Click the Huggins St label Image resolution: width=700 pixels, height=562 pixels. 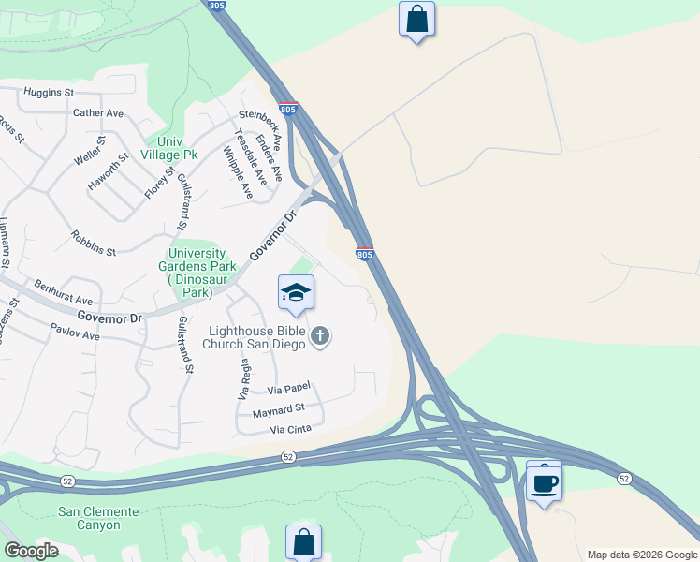click(49, 93)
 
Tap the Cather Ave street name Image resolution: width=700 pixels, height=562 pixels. click(98, 113)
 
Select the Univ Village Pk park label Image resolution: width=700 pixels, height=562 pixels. click(169, 147)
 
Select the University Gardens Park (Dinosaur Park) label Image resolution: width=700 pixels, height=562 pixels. click(197, 273)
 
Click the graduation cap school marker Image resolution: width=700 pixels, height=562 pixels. click(296, 292)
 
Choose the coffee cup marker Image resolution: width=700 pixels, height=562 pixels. click(544, 482)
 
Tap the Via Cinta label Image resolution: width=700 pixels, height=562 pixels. click(289, 430)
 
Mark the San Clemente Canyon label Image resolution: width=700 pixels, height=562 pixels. click(98, 518)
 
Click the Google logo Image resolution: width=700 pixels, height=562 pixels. click(31, 551)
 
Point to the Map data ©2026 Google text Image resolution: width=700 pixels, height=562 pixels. click(642, 555)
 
